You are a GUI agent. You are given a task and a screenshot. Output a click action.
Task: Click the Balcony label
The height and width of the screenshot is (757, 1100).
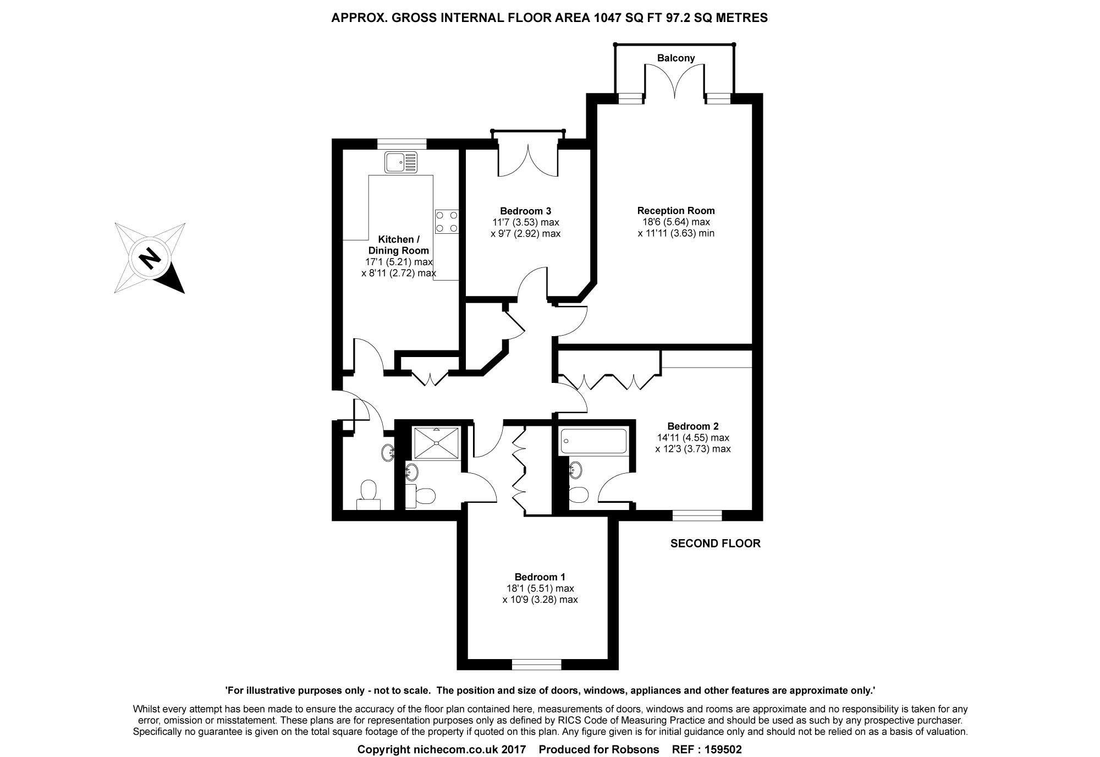tap(676, 58)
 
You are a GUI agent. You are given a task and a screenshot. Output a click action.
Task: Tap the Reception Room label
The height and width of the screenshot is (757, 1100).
tap(676, 210)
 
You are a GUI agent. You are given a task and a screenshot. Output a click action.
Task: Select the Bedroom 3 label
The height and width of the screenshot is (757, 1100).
tap(525, 211)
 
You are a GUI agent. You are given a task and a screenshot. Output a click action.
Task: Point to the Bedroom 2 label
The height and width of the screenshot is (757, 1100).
tap(692, 426)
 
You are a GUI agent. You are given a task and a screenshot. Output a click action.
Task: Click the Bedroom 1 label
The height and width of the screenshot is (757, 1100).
tap(540, 577)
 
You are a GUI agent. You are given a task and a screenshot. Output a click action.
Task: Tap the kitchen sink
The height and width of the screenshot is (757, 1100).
tap(402, 162)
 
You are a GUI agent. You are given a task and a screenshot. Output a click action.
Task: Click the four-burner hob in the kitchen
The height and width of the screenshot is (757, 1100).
tap(447, 222)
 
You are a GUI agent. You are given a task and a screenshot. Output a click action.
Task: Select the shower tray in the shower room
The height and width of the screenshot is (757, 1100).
tap(436, 442)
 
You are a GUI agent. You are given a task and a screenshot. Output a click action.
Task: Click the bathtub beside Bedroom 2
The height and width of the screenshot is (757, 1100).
tap(593, 441)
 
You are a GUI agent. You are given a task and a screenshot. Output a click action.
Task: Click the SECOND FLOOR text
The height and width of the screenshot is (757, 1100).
tap(715, 544)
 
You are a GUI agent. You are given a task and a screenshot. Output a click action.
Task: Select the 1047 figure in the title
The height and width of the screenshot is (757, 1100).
tap(608, 18)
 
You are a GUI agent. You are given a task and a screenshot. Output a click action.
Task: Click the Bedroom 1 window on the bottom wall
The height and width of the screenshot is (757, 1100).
tap(536, 665)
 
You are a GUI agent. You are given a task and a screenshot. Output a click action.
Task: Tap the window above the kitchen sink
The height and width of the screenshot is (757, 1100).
tap(402, 144)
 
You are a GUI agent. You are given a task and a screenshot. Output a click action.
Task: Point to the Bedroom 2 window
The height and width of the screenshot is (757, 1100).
tap(697, 515)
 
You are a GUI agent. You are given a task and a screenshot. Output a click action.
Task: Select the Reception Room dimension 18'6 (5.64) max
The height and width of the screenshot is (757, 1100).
tap(676, 222)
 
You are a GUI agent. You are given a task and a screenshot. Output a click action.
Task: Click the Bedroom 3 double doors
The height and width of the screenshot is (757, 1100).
tap(528, 159)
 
